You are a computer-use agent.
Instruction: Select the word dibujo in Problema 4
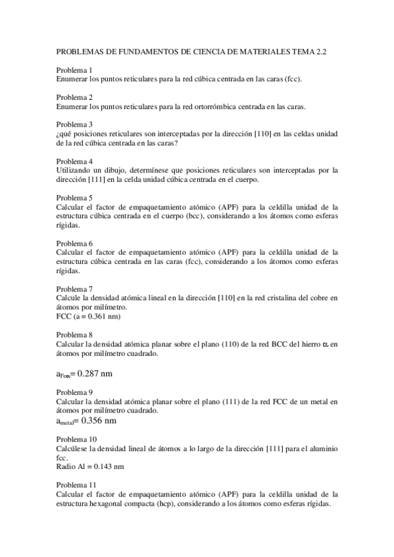[122, 169]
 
